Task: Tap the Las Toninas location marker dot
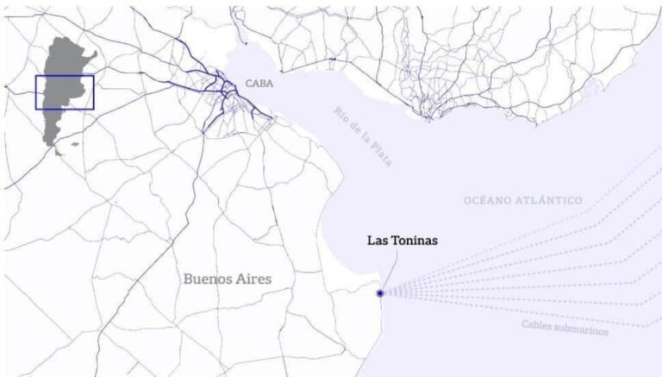pos(380,293)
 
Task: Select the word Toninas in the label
pos(415,241)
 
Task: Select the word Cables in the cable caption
pos(540,324)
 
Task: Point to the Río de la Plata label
pos(361,137)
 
